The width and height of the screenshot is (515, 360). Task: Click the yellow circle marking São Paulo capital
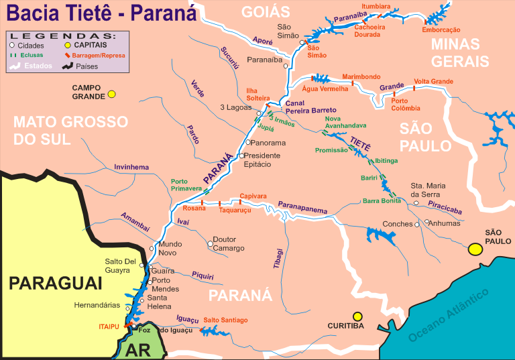[475, 249]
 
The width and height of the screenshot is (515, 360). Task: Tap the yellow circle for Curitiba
[358, 316]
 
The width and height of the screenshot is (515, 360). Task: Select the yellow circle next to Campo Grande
[112, 94]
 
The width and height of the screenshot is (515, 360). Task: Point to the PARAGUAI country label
[55, 284]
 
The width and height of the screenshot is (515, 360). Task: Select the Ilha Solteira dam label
[257, 94]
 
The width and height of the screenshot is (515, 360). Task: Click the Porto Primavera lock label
[188, 185]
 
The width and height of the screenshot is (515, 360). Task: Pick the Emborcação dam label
[441, 29]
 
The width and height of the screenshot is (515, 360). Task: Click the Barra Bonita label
[382, 200]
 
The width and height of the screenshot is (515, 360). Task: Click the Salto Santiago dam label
[226, 320]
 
